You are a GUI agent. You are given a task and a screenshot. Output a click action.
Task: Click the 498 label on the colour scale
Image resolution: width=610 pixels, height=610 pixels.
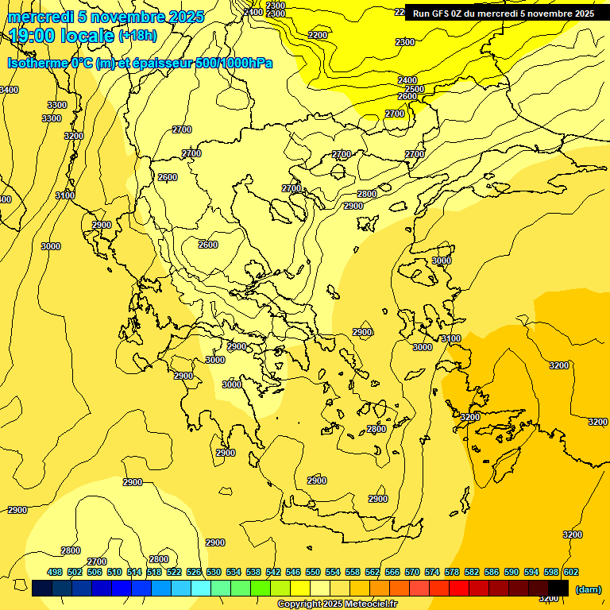[x=55, y=572]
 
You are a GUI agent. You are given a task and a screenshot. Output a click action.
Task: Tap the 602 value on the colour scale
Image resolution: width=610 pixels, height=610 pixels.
[x=570, y=572]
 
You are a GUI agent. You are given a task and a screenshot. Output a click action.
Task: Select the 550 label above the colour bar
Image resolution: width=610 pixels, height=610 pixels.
[x=313, y=572]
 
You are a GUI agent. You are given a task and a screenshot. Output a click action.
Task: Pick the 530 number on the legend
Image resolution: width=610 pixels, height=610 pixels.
[x=214, y=572]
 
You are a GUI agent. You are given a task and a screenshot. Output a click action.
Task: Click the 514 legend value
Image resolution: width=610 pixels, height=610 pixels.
[x=134, y=572]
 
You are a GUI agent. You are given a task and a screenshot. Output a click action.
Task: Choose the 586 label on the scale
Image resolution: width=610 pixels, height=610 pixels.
[x=492, y=572]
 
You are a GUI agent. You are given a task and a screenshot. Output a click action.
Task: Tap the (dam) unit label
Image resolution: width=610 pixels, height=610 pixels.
[x=588, y=589]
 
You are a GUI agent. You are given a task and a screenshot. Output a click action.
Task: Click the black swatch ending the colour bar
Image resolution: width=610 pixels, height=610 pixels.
[x=558, y=589]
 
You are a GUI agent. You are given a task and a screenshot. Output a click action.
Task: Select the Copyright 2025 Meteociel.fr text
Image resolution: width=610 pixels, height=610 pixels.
[x=334, y=604]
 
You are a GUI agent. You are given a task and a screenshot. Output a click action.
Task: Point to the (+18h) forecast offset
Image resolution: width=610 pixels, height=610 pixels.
[x=138, y=36]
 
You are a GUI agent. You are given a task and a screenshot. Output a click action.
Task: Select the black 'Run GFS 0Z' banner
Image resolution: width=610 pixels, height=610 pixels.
[x=503, y=14]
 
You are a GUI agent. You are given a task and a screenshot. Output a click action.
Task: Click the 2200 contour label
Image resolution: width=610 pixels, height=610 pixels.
[x=318, y=35]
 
